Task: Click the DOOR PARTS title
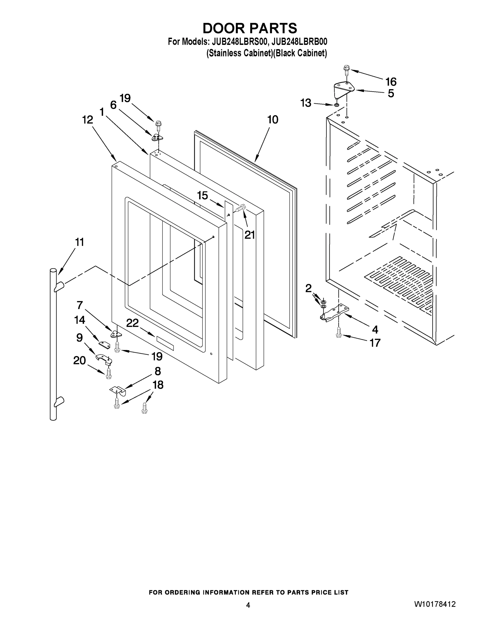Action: pyautogui.click(x=250, y=29)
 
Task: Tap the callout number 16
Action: pyautogui.click(x=391, y=81)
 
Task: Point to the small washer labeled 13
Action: pyautogui.click(x=337, y=105)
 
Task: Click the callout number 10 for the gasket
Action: pyautogui.click(x=273, y=120)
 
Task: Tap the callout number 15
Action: pyautogui.click(x=202, y=196)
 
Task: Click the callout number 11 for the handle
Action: pyautogui.click(x=80, y=242)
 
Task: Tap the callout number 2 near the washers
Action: pyautogui.click(x=308, y=288)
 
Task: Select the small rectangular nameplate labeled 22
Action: pyautogui.click(x=165, y=343)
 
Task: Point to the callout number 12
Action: pyautogui.click(x=87, y=120)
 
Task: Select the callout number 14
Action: pyautogui.click(x=80, y=320)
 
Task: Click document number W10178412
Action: pyautogui.click(x=435, y=604)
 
